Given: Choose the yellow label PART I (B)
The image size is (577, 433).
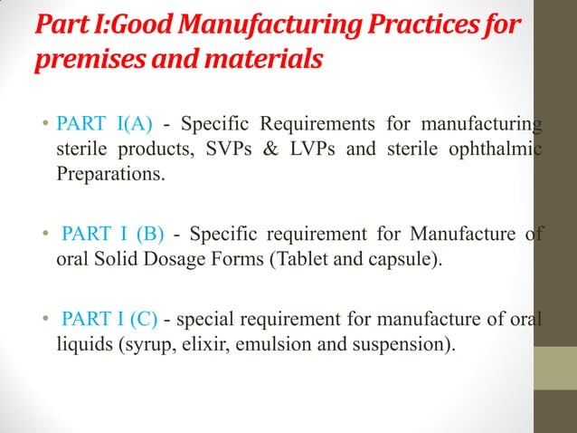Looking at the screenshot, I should [113, 236].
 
